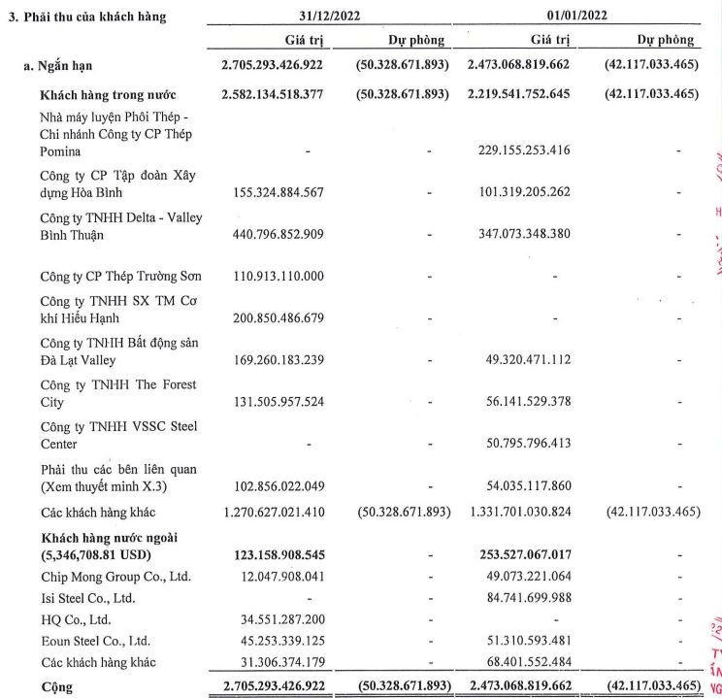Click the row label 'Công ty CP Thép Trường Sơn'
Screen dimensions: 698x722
point(120,276)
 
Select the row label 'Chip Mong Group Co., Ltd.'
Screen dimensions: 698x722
point(114,578)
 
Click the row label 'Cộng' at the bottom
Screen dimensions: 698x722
point(56,686)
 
